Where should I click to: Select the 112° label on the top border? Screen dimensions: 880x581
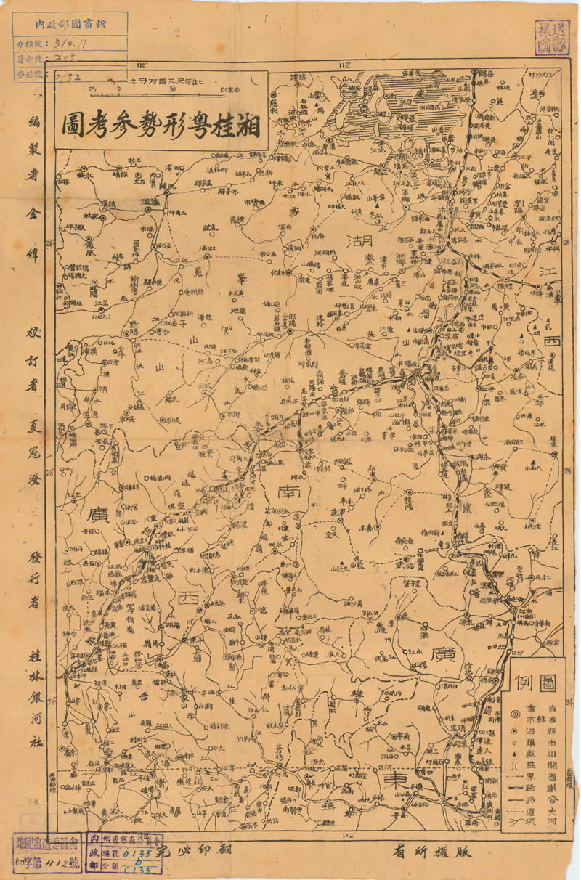pos(344,66)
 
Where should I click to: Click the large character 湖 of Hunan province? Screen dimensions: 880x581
pos(359,240)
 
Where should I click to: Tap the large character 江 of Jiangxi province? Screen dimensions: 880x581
pos(547,273)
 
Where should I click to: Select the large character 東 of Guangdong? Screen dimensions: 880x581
pos(395,778)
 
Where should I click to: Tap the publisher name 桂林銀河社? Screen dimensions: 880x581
pos(33,690)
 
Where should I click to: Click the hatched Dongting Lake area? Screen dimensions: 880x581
pos(421,102)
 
